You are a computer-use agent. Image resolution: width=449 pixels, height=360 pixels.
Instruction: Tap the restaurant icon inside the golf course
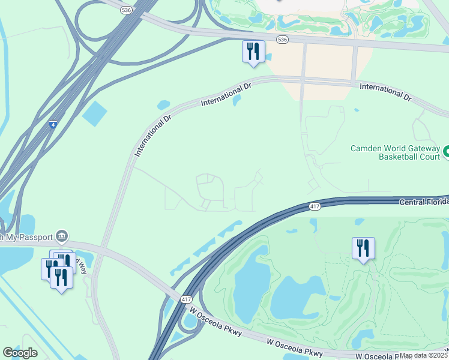coord(363,248)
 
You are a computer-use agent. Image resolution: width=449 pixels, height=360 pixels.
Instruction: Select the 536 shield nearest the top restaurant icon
coord(282,39)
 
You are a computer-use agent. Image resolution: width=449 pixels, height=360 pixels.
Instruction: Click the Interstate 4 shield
coord(53,125)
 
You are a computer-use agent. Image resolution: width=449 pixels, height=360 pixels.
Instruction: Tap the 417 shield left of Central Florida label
coord(315,206)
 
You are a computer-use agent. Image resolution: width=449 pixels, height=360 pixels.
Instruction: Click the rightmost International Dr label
coord(385,92)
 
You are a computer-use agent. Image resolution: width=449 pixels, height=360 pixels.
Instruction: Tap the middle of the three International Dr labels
coord(226,95)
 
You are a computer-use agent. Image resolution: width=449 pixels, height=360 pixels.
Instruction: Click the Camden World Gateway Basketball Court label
coord(394,152)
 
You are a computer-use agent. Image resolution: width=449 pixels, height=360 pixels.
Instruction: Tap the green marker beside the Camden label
coord(446,152)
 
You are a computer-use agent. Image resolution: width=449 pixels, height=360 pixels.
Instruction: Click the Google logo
coord(20,353)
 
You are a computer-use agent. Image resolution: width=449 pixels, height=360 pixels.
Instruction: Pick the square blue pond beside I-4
coord(94,113)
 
